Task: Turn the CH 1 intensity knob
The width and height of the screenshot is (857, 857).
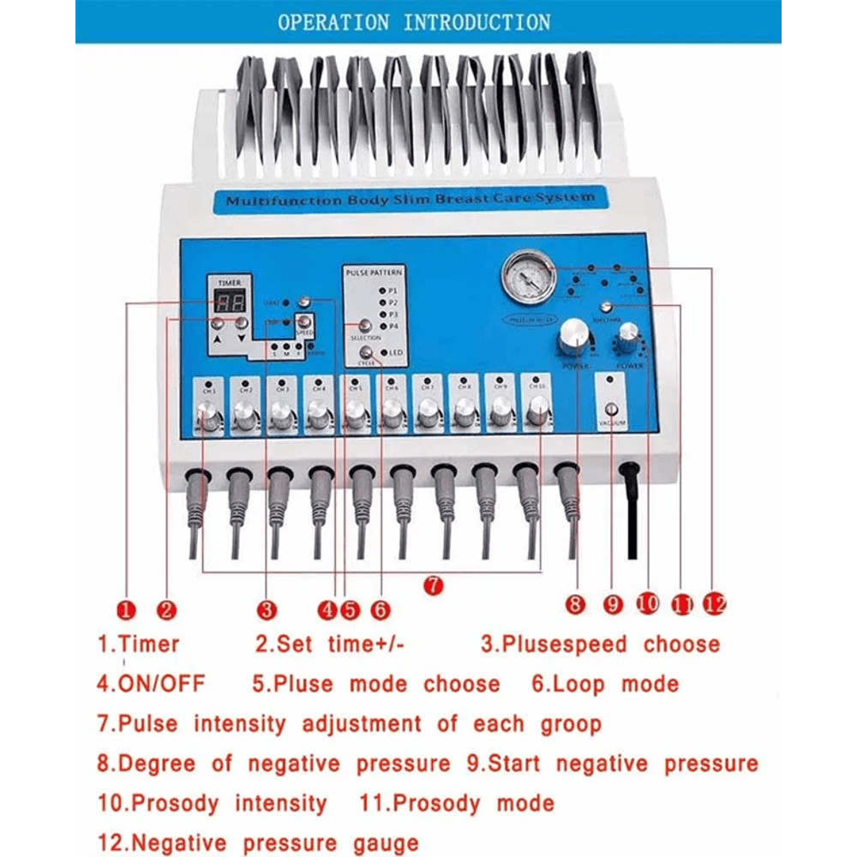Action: [209, 417]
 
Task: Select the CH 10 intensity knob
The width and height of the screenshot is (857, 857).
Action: [537, 413]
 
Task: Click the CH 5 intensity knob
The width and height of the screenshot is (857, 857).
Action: [355, 417]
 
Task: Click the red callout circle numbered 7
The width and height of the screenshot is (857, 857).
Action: [434, 585]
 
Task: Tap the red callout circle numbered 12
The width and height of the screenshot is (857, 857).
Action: [713, 604]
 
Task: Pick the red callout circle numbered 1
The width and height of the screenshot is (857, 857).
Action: [126, 609]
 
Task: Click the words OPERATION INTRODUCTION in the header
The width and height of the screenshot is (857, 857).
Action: [414, 22]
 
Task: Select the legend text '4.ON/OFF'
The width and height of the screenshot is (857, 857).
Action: [150, 684]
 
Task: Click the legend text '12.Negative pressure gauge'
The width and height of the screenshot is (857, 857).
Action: [257, 842]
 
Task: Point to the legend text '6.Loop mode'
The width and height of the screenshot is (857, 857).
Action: [604, 684]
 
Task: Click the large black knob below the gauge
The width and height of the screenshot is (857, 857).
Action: [572, 340]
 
